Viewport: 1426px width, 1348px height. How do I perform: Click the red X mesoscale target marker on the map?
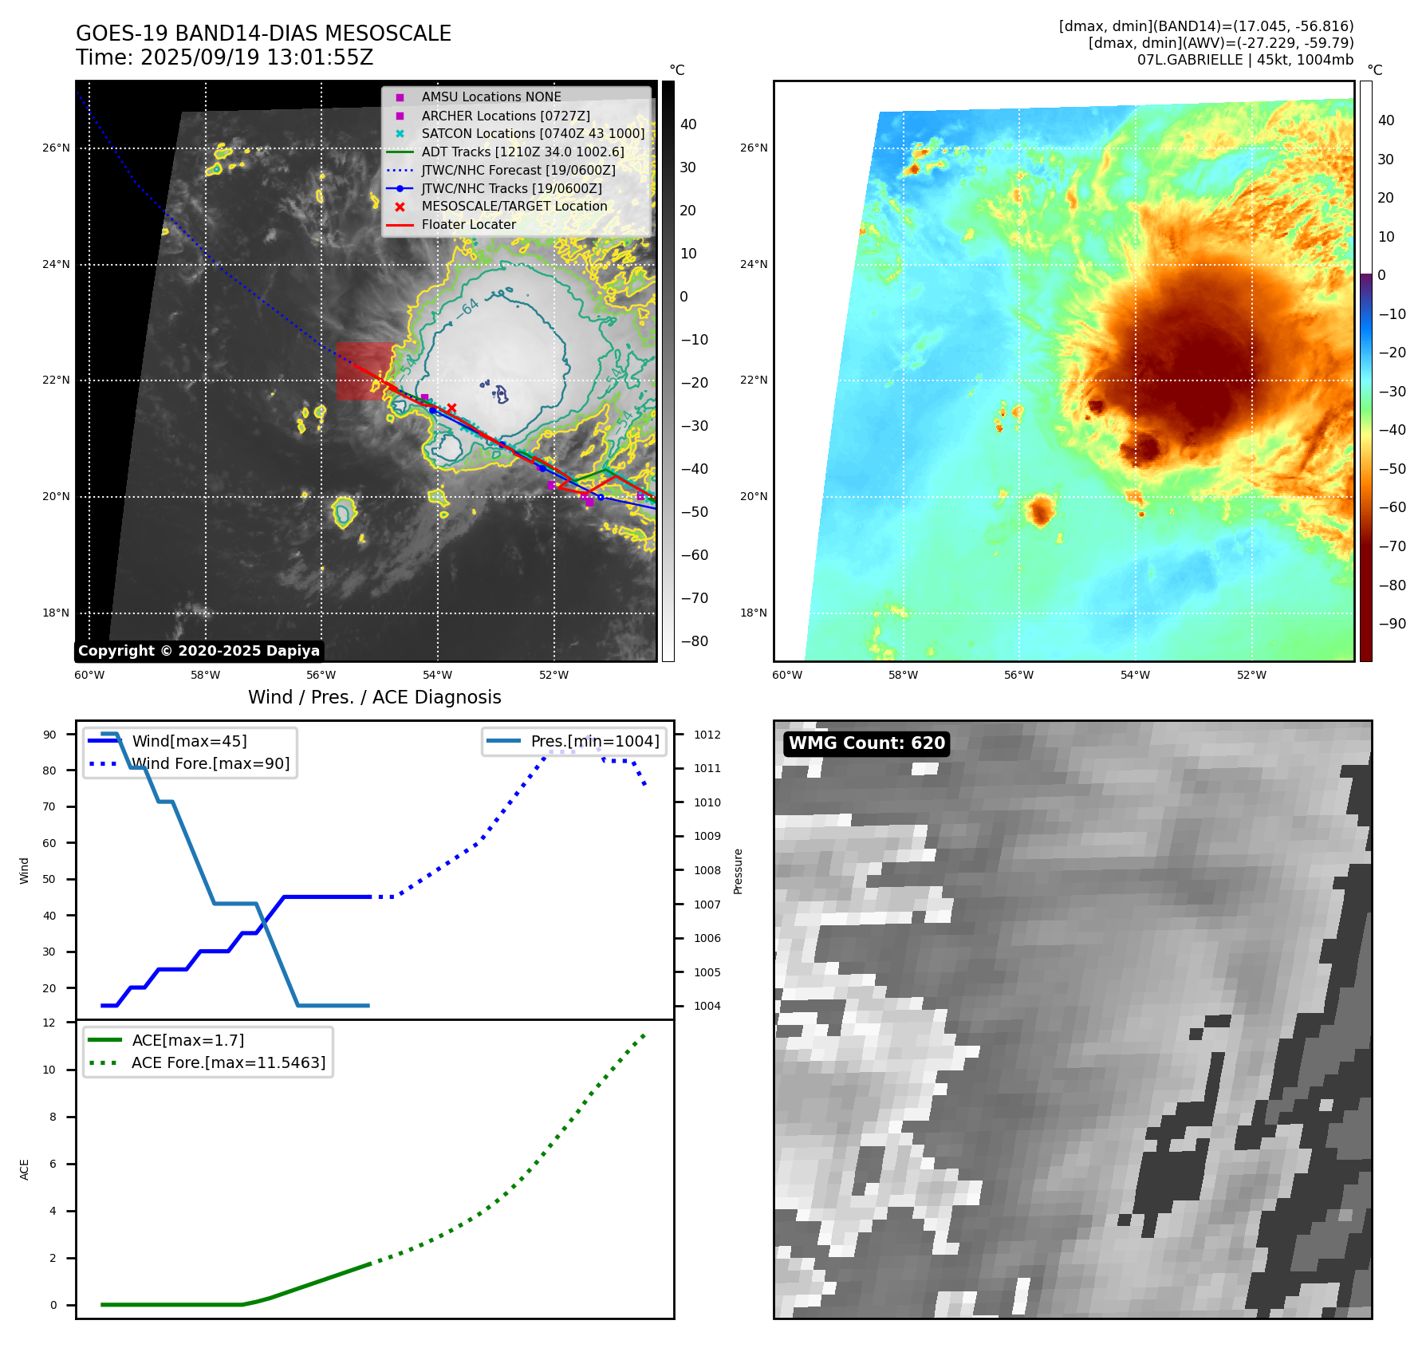(x=451, y=408)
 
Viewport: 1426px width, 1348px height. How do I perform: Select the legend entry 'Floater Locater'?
(x=468, y=225)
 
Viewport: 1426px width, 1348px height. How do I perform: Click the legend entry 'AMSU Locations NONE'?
(x=490, y=97)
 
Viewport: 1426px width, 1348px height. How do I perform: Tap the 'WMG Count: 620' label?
(x=866, y=743)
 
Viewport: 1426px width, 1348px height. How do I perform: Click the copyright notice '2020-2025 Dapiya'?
(x=199, y=651)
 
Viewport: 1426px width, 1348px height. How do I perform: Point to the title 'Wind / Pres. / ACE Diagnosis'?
(x=374, y=697)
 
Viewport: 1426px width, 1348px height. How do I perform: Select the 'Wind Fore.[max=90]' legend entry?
(x=211, y=764)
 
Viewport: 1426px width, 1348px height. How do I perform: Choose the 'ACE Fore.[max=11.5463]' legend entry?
(x=228, y=1063)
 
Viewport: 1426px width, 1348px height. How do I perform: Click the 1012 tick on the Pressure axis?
(x=707, y=735)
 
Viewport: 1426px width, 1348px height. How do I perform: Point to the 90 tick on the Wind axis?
(x=49, y=735)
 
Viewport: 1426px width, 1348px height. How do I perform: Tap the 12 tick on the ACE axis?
(x=49, y=1023)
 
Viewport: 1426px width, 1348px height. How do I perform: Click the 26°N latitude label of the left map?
(x=56, y=148)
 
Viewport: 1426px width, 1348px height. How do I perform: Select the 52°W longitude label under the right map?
(x=1251, y=676)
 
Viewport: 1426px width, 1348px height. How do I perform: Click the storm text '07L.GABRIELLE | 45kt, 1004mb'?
(x=1245, y=60)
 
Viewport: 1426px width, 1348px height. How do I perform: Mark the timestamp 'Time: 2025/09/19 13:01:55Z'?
(x=224, y=57)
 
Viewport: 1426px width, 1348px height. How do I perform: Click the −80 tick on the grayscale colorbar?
(x=694, y=641)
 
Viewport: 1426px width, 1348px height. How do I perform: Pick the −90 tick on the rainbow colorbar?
(x=1392, y=624)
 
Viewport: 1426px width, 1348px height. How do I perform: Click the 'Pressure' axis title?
(x=739, y=871)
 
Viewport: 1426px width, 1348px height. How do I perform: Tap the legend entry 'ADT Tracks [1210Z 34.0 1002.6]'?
(x=522, y=152)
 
